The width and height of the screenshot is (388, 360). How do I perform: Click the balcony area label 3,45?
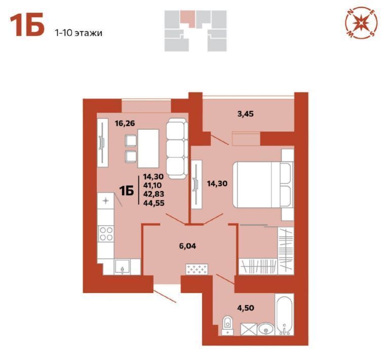(245, 114)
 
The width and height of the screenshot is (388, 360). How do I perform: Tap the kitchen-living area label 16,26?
(125, 123)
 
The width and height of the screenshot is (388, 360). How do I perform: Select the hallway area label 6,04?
(187, 246)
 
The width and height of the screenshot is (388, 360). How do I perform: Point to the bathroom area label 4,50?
(246, 308)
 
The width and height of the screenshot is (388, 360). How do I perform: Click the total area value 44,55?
(153, 203)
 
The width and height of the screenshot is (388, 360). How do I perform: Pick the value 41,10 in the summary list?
(152, 185)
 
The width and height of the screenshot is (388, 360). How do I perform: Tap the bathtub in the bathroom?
(284, 315)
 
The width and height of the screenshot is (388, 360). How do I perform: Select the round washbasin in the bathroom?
(266, 329)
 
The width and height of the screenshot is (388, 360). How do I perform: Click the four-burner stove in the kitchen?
(106, 233)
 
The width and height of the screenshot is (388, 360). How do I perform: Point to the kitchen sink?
(122, 267)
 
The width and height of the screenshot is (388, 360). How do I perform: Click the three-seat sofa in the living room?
(176, 149)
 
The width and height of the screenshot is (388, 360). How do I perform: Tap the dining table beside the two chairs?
(148, 148)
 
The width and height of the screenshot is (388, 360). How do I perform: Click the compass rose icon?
(362, 23)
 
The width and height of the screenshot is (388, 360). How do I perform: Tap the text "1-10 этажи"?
(79, 33)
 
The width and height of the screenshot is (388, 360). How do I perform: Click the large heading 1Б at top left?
(27, 25)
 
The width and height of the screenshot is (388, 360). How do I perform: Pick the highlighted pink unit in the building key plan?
(187, 18)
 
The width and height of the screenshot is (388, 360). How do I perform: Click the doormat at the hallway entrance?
(197, 269)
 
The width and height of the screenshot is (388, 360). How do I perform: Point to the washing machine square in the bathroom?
(248, 329)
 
